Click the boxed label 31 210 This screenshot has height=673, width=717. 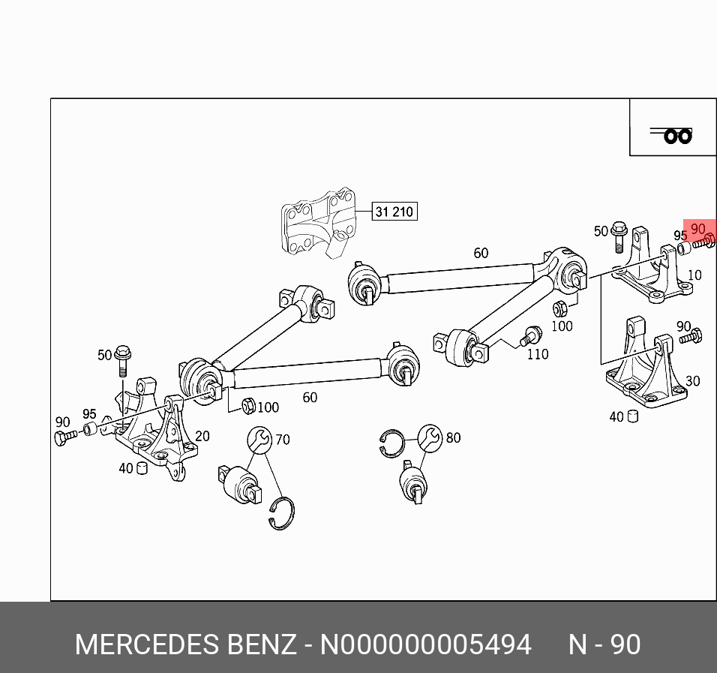click(394, 212)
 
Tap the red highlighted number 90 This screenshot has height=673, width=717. click(698, 229)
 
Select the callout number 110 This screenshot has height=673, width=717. click(537, 354)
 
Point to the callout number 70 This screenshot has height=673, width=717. click(282, 439)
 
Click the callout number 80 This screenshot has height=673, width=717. click(453, 437)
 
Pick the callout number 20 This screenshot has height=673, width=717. click(202, 436)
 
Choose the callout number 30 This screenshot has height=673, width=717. click(692, 381)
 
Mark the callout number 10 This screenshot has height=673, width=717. click(694, 275)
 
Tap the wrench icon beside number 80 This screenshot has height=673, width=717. click(430, 437)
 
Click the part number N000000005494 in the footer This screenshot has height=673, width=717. click(426, 644)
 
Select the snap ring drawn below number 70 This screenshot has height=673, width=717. click(282, 514)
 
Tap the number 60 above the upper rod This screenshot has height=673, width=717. click(481, 253)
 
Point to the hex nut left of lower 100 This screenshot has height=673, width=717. click(247, 406)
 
